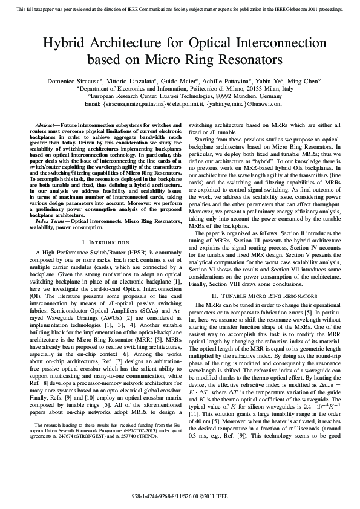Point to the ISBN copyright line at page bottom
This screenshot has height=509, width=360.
point(180,497)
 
